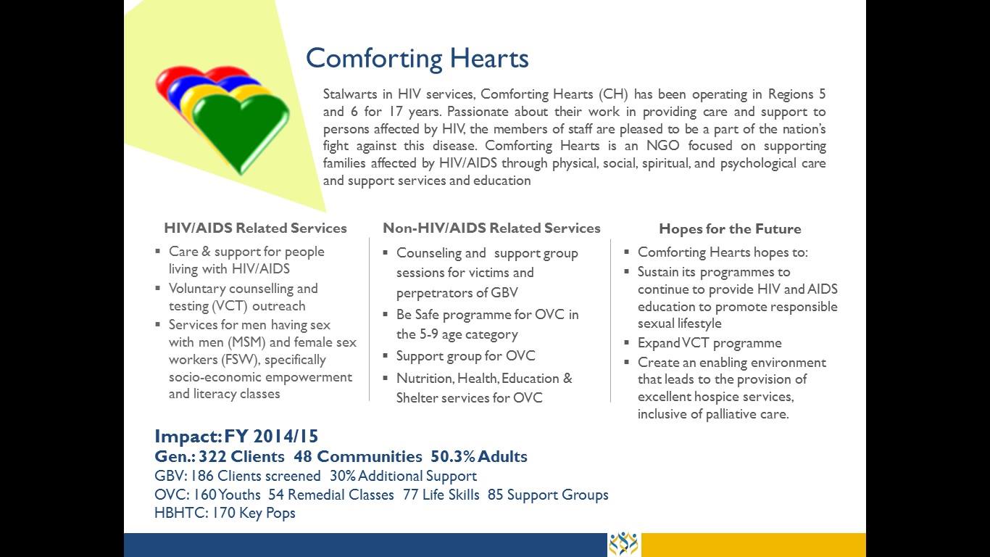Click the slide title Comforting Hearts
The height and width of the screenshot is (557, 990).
(x=417, y=58)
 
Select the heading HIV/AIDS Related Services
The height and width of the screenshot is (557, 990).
(x=255, y=228)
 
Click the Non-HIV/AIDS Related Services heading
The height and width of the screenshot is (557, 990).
(x=491, y=228)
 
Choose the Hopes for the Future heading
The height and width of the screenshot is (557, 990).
(x=730, y=229)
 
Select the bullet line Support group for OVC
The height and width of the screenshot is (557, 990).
(x=465, y=356)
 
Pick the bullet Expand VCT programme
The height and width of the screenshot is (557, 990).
(x=710, y=343)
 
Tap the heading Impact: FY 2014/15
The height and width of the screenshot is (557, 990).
(x=236, y=436)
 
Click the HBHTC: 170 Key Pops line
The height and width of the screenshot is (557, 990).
(x=225, y=513)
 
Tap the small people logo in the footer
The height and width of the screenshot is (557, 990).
(x=623, y=544)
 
